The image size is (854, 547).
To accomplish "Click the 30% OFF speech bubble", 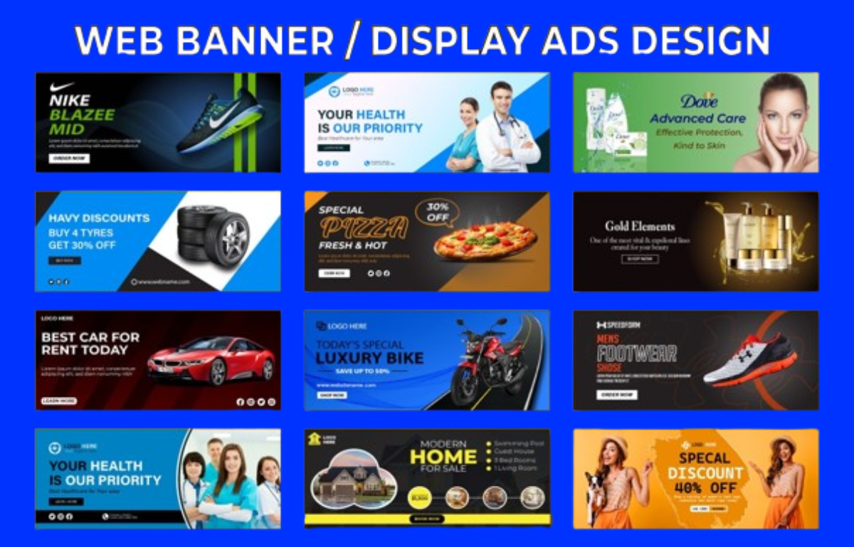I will click(437, 211).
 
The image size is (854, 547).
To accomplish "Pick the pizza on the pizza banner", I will click(485, 240).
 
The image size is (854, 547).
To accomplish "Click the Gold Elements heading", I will click(639, 226).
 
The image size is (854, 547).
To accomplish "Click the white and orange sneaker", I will click(750, 359).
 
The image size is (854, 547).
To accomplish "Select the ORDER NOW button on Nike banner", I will click(69, 159).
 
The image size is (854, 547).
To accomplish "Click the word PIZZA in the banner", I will click(364, 228).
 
